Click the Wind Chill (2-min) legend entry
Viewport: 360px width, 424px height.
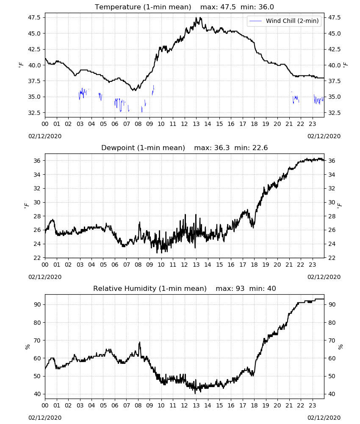coord(284,21)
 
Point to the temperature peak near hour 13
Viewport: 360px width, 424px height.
coord(197,18)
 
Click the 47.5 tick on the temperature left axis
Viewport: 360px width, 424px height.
coord(34,17)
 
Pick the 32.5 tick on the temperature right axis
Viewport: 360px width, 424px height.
coord(334,113)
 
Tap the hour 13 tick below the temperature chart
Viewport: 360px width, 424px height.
coord(196,124)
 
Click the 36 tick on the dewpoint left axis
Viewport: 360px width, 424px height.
coord(37,161)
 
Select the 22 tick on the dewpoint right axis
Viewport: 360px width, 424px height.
coord(332,258)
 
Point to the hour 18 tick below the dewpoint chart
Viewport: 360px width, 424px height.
coord(254,265)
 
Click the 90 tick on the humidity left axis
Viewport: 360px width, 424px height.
coord(37,304)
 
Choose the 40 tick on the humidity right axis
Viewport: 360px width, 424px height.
coord(332,394)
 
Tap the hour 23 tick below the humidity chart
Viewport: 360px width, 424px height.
coord(312,405)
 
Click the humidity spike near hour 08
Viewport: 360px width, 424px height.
coord(140,343)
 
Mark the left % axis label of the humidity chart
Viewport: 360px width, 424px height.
coord(28,347)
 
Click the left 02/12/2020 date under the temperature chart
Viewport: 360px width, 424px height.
coord(45,136)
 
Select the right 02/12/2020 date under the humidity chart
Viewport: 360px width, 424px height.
coord(324,418)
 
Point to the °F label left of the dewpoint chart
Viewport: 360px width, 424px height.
coord(26,206)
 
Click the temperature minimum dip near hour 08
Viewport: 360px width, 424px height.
coord(134,90)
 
